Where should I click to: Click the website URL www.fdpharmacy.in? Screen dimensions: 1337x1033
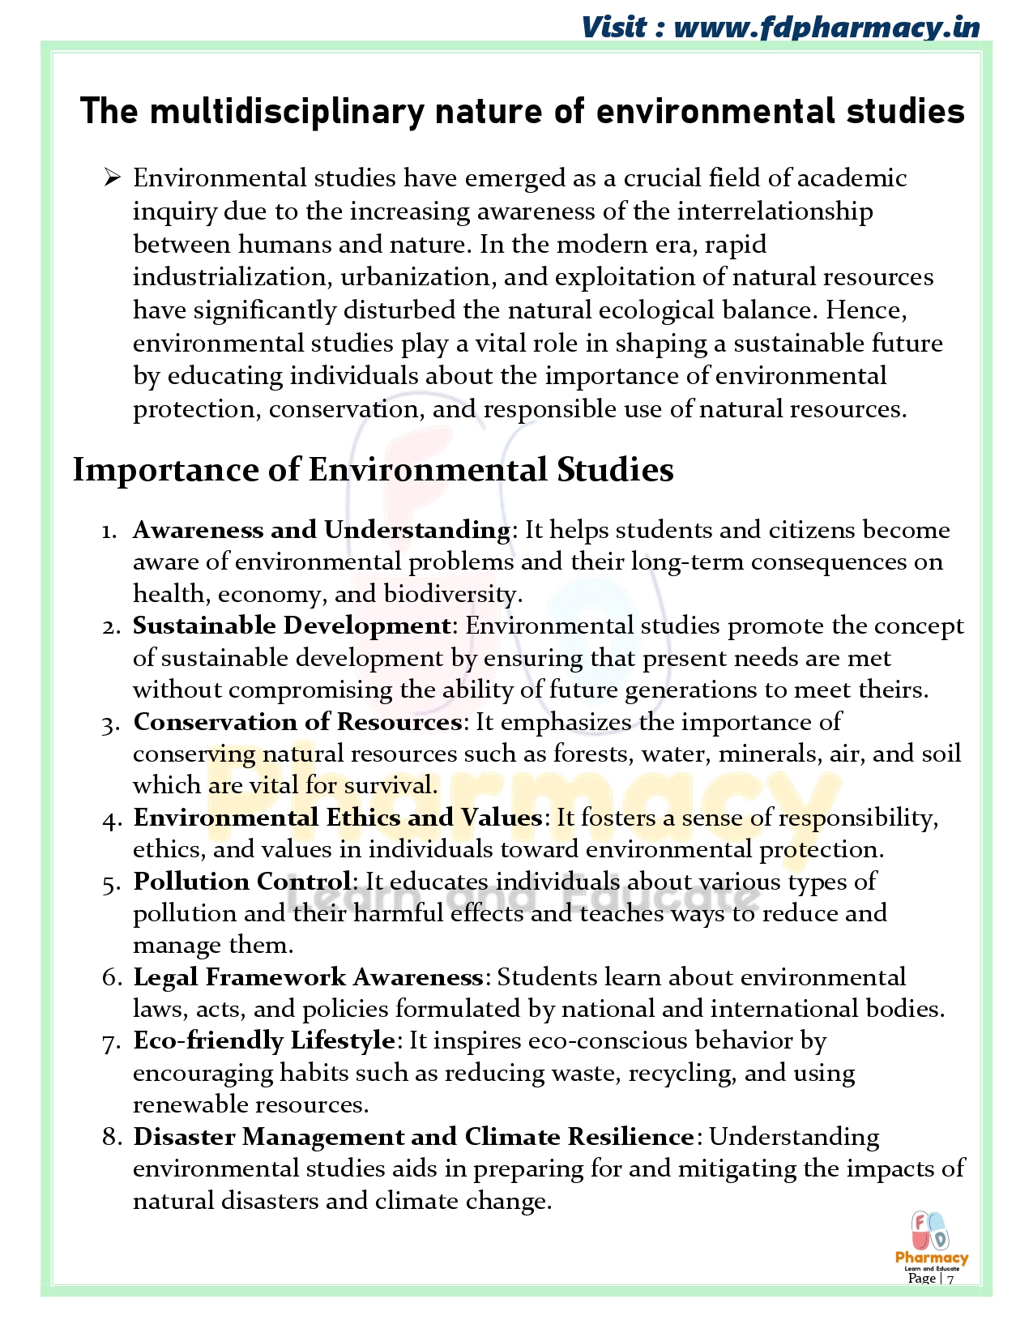point(826,28)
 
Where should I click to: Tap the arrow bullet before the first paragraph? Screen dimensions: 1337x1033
point(112,177)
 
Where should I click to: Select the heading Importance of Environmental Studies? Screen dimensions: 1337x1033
point(373,470)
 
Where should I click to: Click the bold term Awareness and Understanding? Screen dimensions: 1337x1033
point(321,530)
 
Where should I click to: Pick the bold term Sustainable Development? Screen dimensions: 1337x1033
point(292,626)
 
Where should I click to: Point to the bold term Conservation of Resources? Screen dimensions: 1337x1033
point(297,721)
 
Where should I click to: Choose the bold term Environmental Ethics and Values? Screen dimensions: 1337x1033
point(337,818)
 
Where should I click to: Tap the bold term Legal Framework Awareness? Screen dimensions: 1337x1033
point(308,977)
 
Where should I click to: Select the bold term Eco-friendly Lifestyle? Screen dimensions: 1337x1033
point(264,1040)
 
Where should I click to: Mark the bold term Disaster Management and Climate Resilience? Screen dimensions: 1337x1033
point(413,1137)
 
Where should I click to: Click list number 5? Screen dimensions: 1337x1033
point(111,882)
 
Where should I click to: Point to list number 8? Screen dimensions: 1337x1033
point(111,1138)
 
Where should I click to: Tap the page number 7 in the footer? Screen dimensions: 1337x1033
point(950,1279)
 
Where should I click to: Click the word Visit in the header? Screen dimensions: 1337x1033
point(614,28)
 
